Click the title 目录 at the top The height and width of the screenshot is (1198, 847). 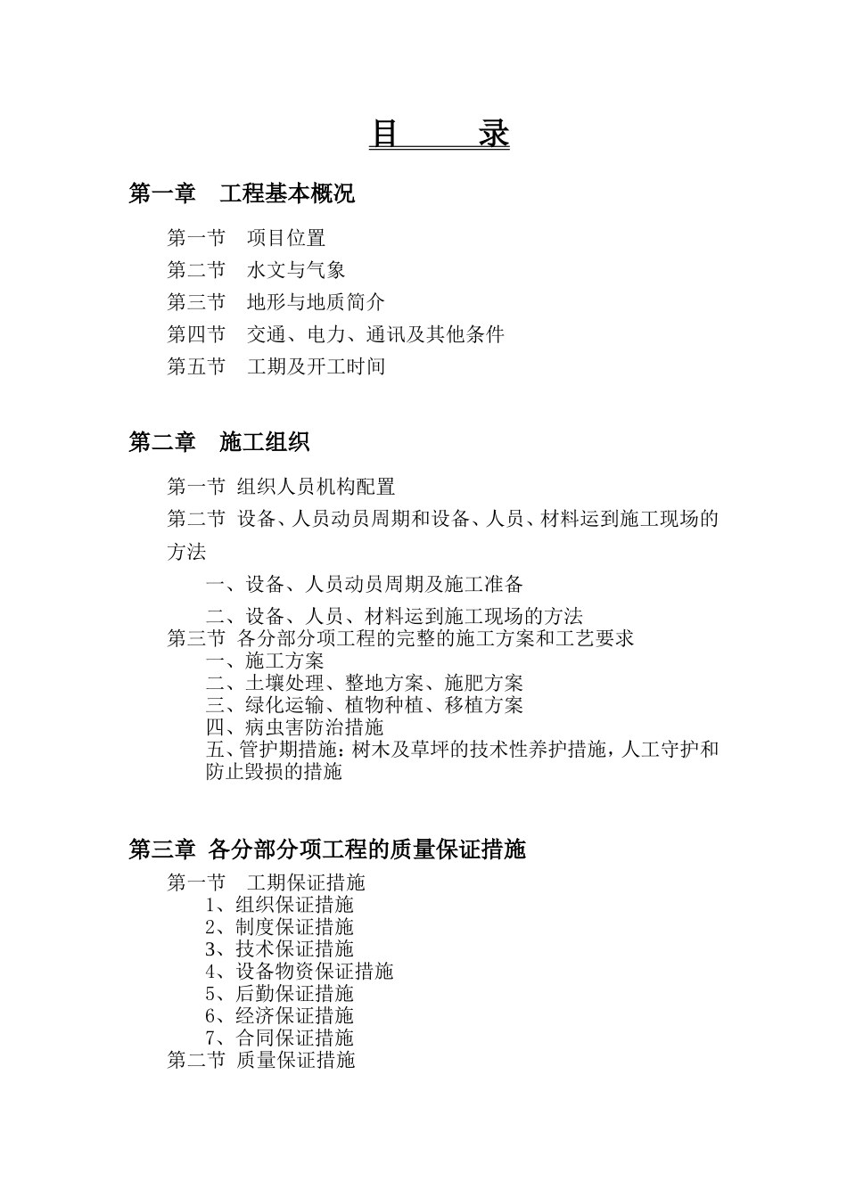(439, 135)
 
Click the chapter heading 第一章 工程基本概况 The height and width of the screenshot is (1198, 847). (242, 193)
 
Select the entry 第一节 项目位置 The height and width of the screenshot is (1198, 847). (246, 238)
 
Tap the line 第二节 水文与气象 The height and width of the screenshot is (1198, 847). (256, 270)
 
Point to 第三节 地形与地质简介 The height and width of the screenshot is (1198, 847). (275, 302)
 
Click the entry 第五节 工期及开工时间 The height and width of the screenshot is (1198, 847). (275, 366)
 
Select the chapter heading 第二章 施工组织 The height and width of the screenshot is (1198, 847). (219, 441)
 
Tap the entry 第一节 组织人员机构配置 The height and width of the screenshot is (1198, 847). (281, 487)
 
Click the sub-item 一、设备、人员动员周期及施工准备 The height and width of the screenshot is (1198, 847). (365, 585)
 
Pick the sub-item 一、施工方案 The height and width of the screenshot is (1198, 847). (265, 661)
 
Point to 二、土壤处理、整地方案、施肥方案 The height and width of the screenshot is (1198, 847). (365, 683)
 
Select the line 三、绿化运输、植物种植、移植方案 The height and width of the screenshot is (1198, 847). (365, 705)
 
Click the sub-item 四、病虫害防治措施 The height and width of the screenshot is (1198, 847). (294, 727)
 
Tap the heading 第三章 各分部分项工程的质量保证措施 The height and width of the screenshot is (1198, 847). (327, 849)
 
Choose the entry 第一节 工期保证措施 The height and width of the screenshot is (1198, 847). (266, 882)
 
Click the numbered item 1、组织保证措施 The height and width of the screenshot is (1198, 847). (279, 905)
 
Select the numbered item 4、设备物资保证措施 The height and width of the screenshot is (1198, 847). (299, 972)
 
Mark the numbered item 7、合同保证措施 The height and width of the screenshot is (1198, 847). (279, 1038)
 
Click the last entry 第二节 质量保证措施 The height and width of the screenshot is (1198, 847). (261, 1060)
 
